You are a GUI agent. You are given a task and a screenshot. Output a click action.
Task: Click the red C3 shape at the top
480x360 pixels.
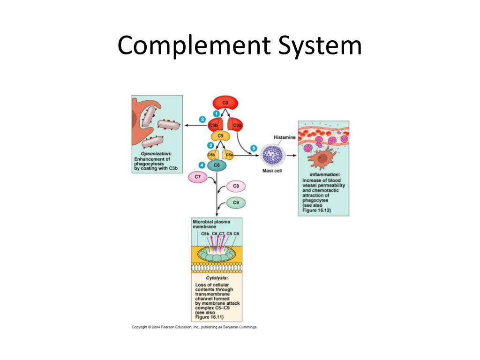(225, 103)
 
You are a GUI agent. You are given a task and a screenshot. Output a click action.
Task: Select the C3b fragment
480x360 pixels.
(214, 125)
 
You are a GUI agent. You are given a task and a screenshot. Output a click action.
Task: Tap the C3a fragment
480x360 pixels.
(236, 125)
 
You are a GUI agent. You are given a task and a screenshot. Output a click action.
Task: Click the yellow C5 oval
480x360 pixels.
(220, 136)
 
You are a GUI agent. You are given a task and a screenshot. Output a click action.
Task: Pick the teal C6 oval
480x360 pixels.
(217, 165)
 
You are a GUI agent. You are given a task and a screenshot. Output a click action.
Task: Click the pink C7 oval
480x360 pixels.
(197, 177)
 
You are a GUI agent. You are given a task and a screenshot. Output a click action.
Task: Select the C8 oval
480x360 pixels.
(236, 186)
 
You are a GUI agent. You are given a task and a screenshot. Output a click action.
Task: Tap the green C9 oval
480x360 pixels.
(236, 202)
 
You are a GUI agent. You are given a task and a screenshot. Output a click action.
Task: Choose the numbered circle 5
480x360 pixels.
(254, 148)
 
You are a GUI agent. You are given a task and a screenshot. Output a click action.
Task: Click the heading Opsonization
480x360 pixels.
(156, 154)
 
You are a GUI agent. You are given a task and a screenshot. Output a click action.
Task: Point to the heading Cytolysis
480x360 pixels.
(217, 278)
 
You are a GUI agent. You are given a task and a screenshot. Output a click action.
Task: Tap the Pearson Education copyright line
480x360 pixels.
(194, 327)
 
